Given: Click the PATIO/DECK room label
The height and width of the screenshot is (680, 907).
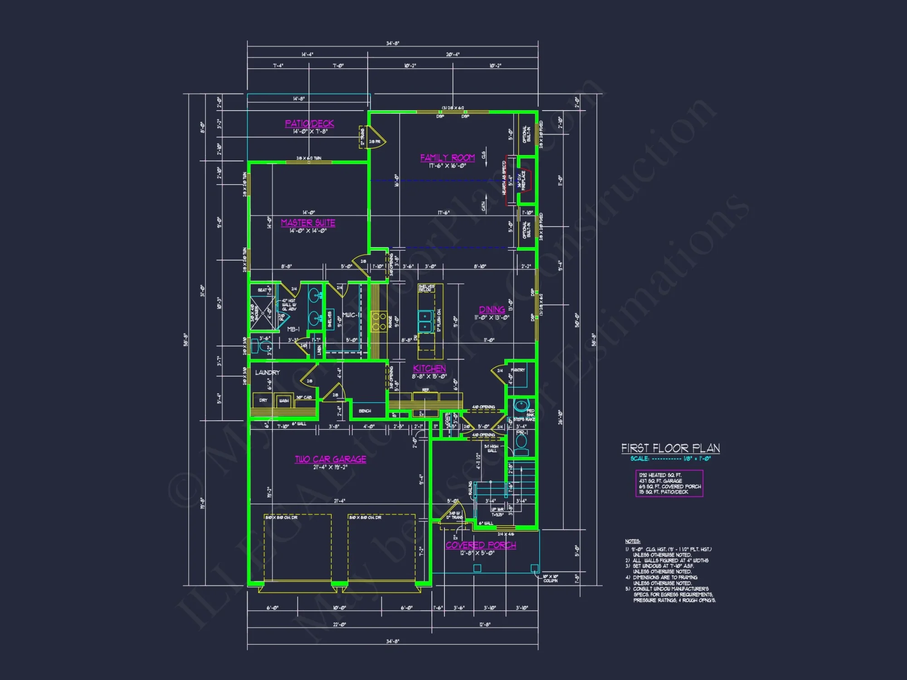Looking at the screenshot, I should (x=309, y=123).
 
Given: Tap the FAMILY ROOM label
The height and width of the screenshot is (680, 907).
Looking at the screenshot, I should (x=447, y=157).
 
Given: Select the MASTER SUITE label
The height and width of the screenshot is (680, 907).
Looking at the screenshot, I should (x=308, y=223).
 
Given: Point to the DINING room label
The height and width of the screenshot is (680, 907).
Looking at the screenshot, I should (x=492, y=310).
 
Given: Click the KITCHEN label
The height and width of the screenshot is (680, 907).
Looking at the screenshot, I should (x=429, y=369).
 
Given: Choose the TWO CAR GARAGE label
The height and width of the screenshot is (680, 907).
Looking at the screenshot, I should (x=331, y=459).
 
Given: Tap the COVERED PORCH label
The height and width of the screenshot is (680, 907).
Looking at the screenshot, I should (x=481, y=545).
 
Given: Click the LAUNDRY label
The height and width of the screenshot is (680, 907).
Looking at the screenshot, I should (x=267, y=373).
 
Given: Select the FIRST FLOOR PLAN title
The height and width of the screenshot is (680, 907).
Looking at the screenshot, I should (x=670, y=448).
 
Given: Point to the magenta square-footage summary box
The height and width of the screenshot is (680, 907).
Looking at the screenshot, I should (x=669, y=484).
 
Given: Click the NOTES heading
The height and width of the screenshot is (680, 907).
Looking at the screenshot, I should (x=632, y=541).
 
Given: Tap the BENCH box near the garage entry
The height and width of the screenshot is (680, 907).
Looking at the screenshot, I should (x=365, y=411).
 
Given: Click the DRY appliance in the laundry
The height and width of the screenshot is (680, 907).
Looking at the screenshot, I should (x=263, y=400).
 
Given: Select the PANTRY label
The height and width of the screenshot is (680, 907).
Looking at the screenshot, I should (x=517, y=370).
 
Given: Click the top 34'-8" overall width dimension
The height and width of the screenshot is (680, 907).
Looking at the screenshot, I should (x=393, y=44).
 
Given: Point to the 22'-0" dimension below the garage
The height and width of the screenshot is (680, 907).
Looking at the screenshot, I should (x=339, y=625).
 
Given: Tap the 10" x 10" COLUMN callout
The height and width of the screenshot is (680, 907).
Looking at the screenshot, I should (x=550, y=578).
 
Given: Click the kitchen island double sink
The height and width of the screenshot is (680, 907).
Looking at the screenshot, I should (x=425, y=321).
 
